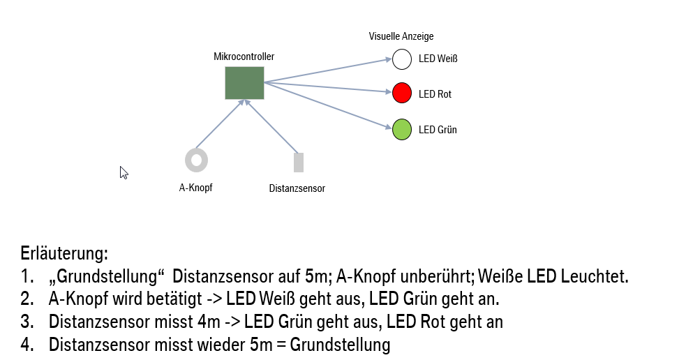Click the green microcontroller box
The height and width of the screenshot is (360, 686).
244,82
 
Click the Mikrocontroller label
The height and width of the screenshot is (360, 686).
244,57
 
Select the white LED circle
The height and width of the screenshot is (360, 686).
402,59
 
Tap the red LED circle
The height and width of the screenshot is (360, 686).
402,93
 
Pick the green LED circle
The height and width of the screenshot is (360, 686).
402,129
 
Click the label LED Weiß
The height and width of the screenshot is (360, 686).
438,59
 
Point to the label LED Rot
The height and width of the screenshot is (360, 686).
435,93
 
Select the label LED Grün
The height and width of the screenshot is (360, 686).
438,130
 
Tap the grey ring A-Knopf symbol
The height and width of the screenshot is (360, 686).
196,160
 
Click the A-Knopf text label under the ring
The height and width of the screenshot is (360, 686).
195,187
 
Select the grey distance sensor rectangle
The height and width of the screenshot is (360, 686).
299,162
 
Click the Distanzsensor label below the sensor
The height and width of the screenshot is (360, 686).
297,188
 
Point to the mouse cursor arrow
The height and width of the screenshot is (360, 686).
124,172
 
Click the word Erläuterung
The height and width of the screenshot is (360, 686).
65,253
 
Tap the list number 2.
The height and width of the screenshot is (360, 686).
27,299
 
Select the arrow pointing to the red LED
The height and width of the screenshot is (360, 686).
328,88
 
